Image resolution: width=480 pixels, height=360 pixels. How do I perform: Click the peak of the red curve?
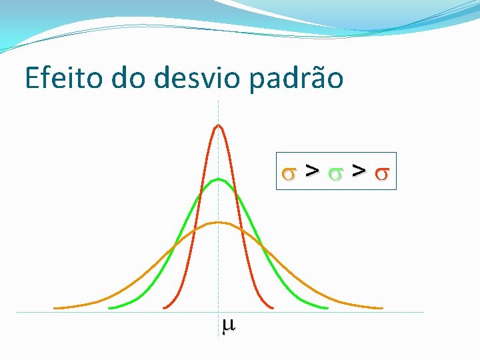218,125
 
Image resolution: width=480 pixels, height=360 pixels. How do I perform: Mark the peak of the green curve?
218,179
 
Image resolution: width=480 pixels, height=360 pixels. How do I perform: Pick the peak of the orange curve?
218,222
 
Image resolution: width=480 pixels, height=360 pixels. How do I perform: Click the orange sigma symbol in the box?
289,173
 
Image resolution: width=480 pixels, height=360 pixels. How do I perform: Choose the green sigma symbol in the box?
335,173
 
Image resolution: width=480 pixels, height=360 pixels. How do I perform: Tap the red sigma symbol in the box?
381,173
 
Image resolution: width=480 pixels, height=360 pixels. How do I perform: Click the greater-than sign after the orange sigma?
311,172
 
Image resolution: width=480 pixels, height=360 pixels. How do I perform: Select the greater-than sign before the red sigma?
359,172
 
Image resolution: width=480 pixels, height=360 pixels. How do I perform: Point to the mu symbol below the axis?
227,325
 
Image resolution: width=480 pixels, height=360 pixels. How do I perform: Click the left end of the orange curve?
55,308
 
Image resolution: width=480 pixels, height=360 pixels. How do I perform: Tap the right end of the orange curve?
382,308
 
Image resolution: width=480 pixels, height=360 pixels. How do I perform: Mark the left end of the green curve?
110,308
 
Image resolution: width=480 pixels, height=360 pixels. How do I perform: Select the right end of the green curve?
327,308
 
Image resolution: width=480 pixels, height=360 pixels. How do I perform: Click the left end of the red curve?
164,307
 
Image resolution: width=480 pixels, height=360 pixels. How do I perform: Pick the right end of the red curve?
273,307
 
